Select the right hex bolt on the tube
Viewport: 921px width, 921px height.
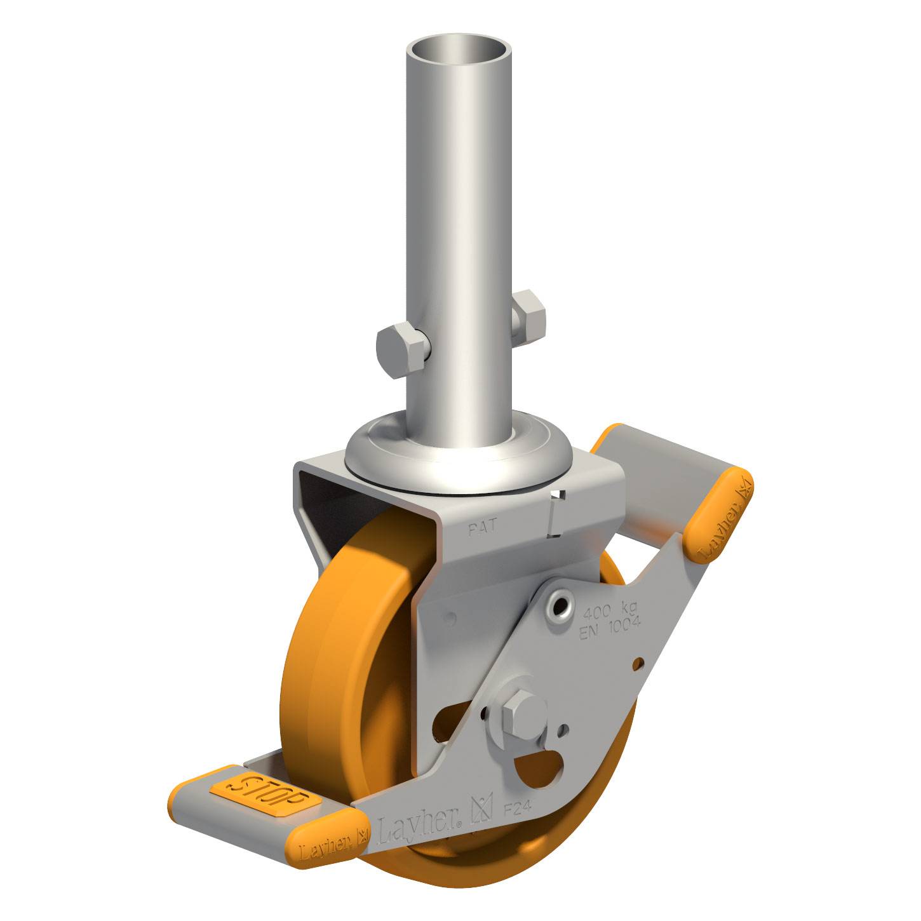point(528,314)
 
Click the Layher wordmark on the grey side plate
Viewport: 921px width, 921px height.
point(419,826)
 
